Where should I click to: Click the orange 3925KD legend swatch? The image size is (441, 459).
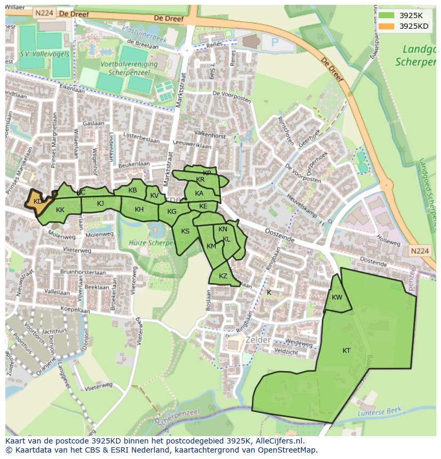[387, 26]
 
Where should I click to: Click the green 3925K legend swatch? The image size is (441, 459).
[387, 15]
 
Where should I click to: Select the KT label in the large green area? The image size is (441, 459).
[347, 350]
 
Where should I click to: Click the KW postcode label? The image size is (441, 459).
[337, 297]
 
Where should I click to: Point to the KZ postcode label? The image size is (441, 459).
[223, 276]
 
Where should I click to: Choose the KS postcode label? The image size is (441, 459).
[185, 231]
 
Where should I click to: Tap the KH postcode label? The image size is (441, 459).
[139, 210]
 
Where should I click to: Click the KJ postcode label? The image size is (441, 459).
[101, 203]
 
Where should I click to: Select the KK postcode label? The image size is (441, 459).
[60, 210]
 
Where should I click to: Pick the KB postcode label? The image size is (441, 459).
[133, 190]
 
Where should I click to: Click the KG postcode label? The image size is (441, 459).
[171, 212]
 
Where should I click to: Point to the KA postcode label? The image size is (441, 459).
[199, 194]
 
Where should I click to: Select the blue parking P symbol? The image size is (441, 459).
[275, 42]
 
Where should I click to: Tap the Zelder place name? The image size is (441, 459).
[258, 340]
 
